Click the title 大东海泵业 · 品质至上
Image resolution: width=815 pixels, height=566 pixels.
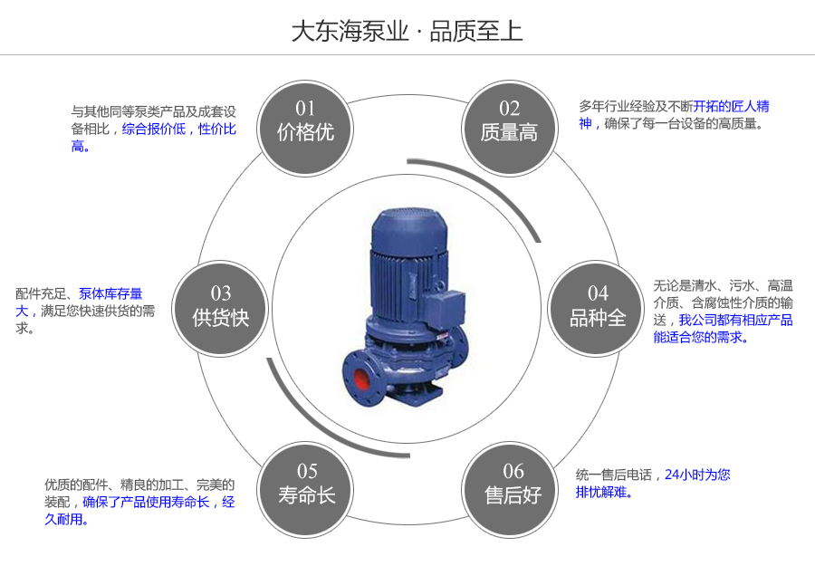407,31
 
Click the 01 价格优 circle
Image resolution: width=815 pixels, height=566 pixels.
305,121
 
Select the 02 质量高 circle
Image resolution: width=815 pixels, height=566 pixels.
509,121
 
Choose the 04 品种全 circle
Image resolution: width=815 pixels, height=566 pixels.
598,306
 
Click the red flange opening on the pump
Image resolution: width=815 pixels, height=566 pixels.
357,373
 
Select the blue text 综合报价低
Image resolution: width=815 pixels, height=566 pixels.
154,130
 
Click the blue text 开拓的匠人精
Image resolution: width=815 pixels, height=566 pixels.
732,106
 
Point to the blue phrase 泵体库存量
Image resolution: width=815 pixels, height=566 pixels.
110,293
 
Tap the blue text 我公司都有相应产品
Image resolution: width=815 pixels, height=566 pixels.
735,320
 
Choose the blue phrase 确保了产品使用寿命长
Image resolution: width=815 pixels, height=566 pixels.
146,502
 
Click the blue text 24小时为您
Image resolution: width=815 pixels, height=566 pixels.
697,474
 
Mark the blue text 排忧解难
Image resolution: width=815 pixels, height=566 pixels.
604,493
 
